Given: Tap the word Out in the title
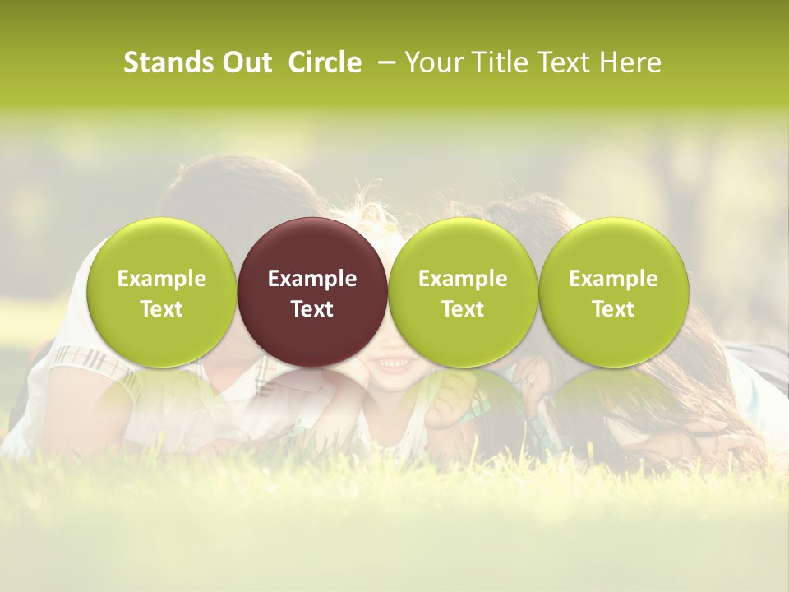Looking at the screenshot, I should [x=246, y=62].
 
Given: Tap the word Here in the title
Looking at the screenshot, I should [x=630, y=62].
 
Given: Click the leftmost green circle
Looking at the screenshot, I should [x=162, y=337].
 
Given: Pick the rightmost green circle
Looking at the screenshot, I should [x=613, y=337].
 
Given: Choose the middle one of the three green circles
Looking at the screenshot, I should [x=463, y=337].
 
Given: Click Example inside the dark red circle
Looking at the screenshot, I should [x=312, y=279].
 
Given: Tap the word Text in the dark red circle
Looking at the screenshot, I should [x=312, y=309].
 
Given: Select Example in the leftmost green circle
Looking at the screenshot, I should [x=162, y=279].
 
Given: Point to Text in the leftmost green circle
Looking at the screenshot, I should [x=162, y=309].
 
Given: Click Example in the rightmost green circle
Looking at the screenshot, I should [x=613, y=279].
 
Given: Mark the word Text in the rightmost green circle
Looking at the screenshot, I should [x=613, y=309].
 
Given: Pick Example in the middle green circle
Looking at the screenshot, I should [x=463, y=279].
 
